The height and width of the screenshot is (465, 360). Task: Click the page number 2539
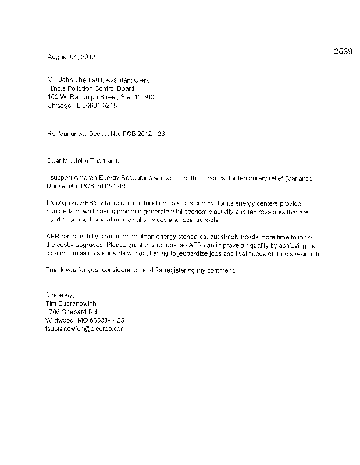[343, 51]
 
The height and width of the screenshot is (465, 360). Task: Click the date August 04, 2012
[70, 57]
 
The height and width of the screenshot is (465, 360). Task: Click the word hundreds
[60, 212]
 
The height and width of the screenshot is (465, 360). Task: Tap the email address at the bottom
[85, 329]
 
